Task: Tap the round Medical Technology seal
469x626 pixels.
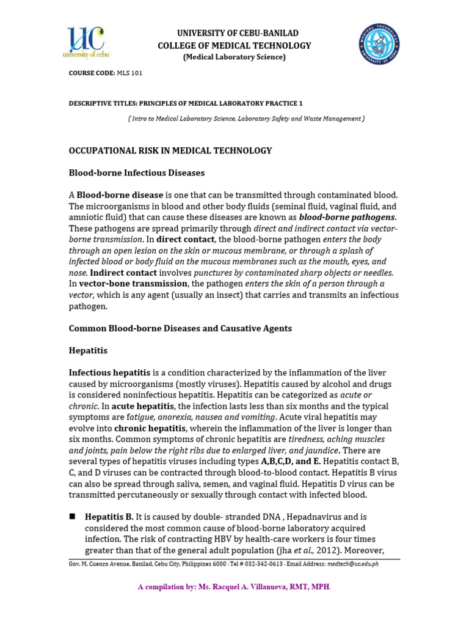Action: (x=379, y=44)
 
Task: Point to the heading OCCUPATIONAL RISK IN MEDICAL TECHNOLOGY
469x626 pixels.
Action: (x=170, y=150)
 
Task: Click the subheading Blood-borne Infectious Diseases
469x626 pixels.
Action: (x=137, y=173)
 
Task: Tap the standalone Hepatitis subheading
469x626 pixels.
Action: (x=88, y=350)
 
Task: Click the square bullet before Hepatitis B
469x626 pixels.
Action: (x=72, y=517)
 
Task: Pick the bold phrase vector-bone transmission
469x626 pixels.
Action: (x=133, y=284)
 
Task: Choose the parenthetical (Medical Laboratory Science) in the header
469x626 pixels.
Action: (x=234, y=57)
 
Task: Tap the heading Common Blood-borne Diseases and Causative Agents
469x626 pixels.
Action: (x=180, y=328)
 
